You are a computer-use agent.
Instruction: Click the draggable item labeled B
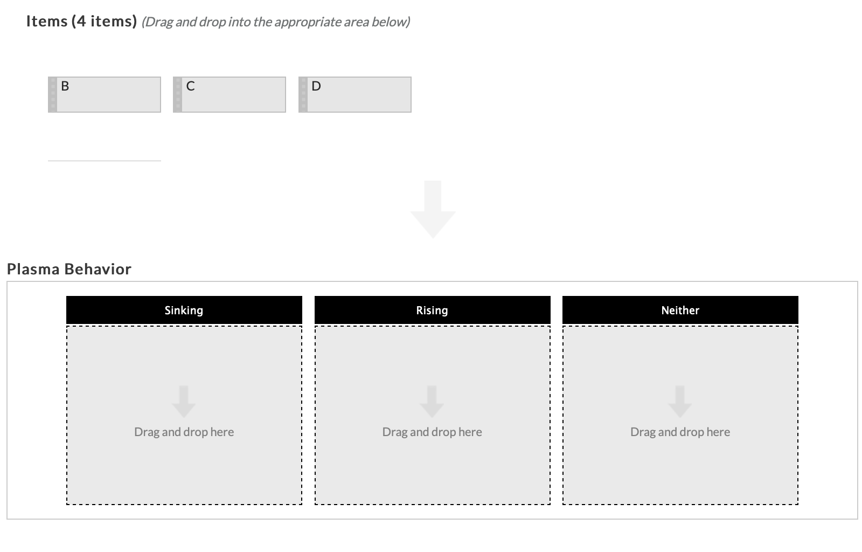point(108,94)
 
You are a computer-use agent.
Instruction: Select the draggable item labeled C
point(233,94)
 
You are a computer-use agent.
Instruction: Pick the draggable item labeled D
point(358,94)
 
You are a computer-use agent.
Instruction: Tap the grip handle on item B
point(52,94)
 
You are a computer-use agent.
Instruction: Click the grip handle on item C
point(177,94)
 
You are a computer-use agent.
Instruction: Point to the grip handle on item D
point(303,94)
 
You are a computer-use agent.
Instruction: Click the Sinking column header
point(184,310)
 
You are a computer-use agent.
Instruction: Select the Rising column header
point(432,310)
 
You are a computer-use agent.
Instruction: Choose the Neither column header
point(680,310)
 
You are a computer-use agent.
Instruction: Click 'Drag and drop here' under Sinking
point(184,432)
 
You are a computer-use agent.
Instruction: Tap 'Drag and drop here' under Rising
point(432,432)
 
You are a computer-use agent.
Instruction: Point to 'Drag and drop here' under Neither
point(680,432)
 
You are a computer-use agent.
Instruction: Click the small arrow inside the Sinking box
point(184,401)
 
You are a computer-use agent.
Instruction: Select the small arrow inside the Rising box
point(432,401)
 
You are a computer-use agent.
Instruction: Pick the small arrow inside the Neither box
point(680,401)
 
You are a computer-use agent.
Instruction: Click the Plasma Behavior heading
point(69,269)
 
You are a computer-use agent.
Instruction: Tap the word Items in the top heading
point(47,21)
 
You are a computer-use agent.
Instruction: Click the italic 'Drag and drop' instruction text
point(275,22)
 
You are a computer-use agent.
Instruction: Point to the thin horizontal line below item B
point(104,161)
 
